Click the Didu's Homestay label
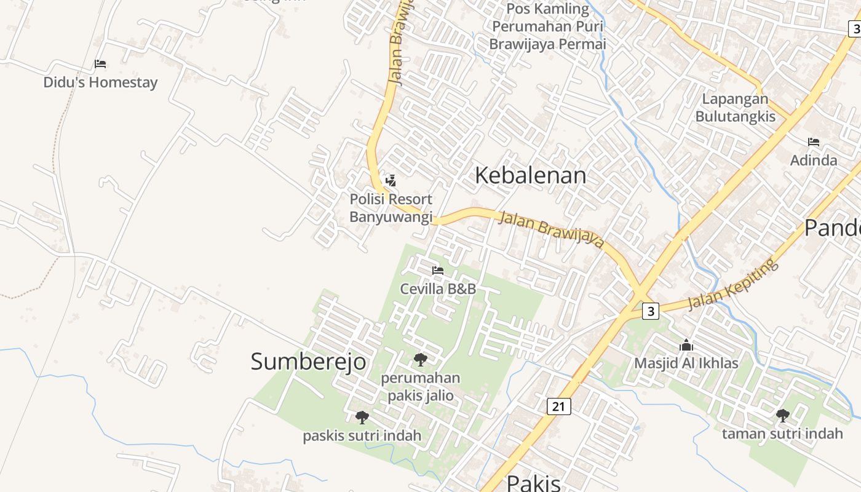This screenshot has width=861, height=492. [x=100, y=82]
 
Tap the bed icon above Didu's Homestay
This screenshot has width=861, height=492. [x=100, y=64]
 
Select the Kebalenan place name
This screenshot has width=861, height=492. [x=531, y=176]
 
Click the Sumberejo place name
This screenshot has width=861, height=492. [x=308, y=362]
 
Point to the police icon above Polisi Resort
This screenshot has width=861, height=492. [x=391, y=181]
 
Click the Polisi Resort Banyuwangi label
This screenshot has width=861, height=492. [x=391, y=208]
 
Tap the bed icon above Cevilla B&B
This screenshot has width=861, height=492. [x=438, y=270]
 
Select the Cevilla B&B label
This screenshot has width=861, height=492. [x=438, y=288]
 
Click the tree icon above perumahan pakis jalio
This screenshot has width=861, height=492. [x=421, y=359]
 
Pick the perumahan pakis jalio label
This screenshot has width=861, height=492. [x=421, y=386]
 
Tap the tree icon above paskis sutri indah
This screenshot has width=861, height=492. [x=362, y=418]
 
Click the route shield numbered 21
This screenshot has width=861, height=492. [x=558, y=406]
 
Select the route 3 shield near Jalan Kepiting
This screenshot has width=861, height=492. [x=651, y=311]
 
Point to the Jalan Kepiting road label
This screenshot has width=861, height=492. [x=732, y=285]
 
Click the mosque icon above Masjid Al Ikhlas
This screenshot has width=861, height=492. [x=686, y=345]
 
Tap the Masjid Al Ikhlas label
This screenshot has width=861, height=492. [x=686, y=363]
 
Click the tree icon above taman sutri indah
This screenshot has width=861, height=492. [x=782, y=416]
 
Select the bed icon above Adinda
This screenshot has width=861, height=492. [x=814, y=142]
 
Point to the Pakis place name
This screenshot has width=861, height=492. [x=534, y=483]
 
